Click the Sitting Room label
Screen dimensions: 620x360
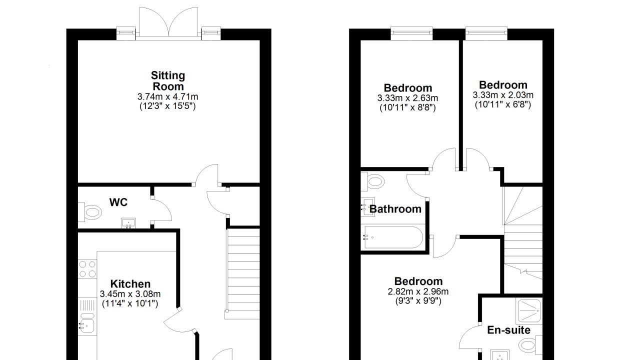tap(168, 81)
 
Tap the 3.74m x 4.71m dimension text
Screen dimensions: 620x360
tap(167, 97)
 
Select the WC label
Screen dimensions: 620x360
tap(118, 202)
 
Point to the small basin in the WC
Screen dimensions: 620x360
tap(128, 223)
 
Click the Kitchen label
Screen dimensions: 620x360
tap(130, 284)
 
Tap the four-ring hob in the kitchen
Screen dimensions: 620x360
tap(87, 269)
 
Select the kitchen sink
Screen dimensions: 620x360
tap(86, 325)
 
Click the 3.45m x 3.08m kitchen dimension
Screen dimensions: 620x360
tap(130, 294)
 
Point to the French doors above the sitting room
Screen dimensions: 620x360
tap(168, 22)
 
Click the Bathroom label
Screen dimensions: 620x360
tap(395, 209)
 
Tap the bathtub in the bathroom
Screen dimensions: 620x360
tap(393, 237)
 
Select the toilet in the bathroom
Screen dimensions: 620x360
tap(373, 181)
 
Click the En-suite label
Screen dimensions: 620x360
tap(508, 330)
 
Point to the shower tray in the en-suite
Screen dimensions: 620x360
tap(529, 311)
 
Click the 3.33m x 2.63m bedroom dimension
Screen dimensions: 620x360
tap(407, 98)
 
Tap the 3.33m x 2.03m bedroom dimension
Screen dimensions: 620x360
tap(503, 95)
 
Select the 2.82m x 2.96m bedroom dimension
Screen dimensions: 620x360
tap(418, 291)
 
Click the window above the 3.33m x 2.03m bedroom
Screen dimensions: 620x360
tap(486, 33)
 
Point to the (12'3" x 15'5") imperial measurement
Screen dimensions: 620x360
tap(167, 106)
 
